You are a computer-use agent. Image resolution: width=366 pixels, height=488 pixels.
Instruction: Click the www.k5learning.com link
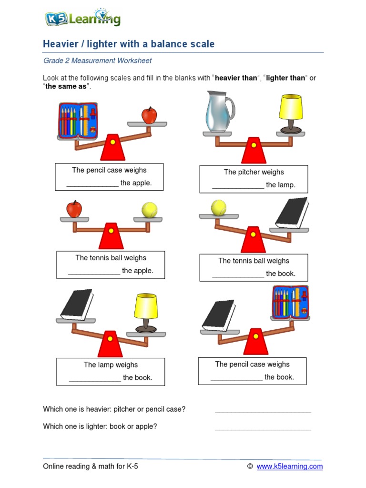pos(289,467)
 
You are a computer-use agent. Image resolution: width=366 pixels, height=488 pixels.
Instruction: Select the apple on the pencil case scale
pos(149,115)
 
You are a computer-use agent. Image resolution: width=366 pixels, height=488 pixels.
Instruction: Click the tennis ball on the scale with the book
pos(219,207)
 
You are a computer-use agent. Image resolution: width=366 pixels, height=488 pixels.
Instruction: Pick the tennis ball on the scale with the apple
pos(149,210)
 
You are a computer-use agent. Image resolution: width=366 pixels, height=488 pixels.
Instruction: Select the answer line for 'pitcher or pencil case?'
pos(263,410)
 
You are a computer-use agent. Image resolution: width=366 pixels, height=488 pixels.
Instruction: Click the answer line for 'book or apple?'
pos(263,427)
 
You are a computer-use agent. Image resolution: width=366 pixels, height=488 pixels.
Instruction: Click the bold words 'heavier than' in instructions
pos(236,78)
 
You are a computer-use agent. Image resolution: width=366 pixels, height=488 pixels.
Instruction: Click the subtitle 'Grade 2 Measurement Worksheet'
pos(98,61)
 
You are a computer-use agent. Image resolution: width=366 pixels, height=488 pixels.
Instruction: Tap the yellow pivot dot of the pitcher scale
pos(254,145)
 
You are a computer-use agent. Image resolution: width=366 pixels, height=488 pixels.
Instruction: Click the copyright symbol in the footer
pos(250,467)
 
